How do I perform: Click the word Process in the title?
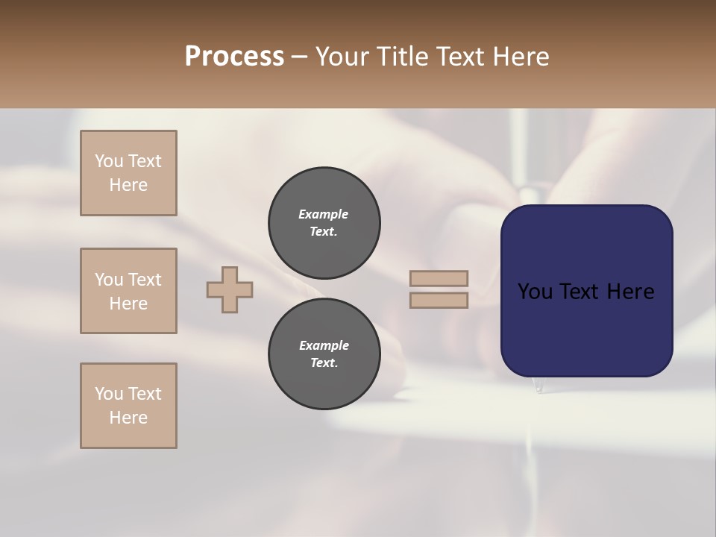pos(234,57)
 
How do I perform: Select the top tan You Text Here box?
pos(128,173)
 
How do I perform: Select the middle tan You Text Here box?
pos(128,291)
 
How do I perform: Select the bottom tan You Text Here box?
pos(128,406)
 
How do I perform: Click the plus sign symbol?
pos(230,289)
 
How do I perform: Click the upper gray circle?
pos(324,222)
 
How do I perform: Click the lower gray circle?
pos(324,354)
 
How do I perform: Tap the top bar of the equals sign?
pos(439,278)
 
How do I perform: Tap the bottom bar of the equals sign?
pos(439,301)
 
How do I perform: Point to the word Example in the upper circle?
pos(324,214)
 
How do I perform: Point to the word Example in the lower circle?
pos(324,345)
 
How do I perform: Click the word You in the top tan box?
pos(108,161)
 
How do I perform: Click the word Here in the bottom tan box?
pos(128,418)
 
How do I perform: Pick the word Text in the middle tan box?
pos(144,280)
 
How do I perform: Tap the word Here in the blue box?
pos(630,292)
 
